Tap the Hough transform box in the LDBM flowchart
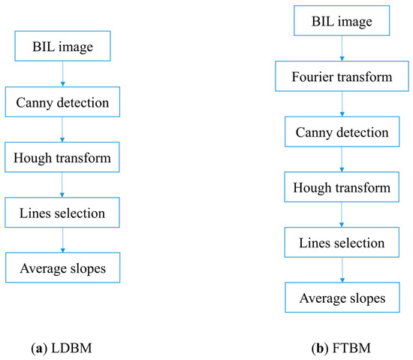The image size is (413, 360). click(x=63, y=159)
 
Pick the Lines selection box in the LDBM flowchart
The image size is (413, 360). click(x=63, y=213)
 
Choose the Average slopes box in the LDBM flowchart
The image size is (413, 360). click(x=63, y=267)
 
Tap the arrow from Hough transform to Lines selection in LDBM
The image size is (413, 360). click(x=63, y=186)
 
